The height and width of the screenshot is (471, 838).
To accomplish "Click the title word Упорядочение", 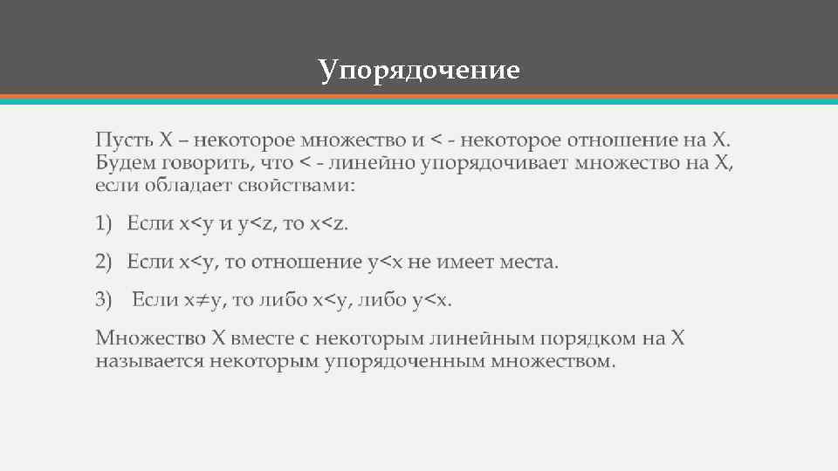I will tap(419, 69).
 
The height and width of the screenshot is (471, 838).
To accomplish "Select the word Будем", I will tap(123, 162).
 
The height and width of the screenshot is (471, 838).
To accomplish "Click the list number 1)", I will tap(105, 224).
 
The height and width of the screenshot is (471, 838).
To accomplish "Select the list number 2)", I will tap(105, 262).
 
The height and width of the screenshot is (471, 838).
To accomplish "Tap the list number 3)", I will tap(105, 300).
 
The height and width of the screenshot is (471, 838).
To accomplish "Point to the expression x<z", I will tap(328, 224).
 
